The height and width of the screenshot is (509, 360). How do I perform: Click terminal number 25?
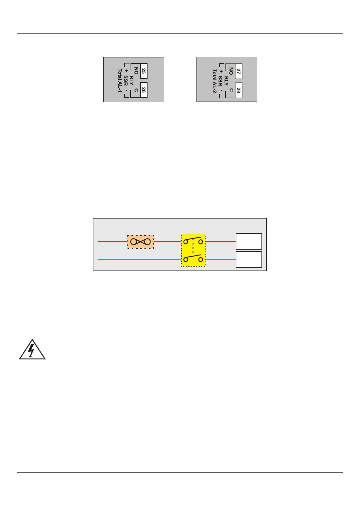coord(144,71)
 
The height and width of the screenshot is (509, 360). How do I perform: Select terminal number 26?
coord(144,90)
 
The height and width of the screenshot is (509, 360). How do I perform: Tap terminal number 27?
coord(238,71)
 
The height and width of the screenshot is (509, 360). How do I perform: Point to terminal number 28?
coord(238,90)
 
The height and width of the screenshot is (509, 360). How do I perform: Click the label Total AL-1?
coord(120,80)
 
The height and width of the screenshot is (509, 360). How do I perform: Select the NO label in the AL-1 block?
coord(136,71)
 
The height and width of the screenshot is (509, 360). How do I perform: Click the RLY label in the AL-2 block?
coord(226,80)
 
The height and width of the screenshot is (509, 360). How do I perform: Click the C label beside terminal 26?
coord(136,90)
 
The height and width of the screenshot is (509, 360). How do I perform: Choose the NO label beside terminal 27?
coord(231,71)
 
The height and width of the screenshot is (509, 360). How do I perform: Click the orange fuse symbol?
coord(140,242)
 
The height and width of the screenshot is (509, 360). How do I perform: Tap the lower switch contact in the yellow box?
coord(193,259)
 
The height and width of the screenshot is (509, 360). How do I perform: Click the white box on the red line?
coord(249,242)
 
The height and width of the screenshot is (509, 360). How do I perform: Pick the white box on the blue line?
coord(249,259)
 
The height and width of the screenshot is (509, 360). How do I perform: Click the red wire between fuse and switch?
coord(167,242)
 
